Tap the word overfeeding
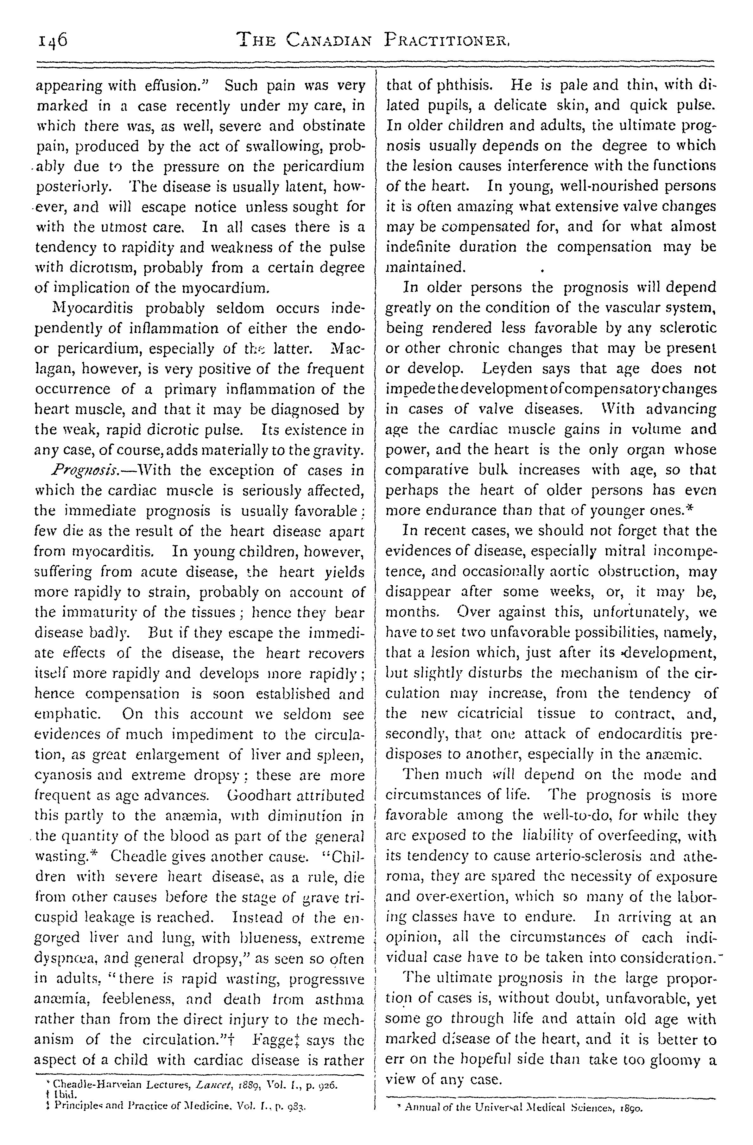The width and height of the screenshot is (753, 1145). pyautogui.click(x=631, y=836)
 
